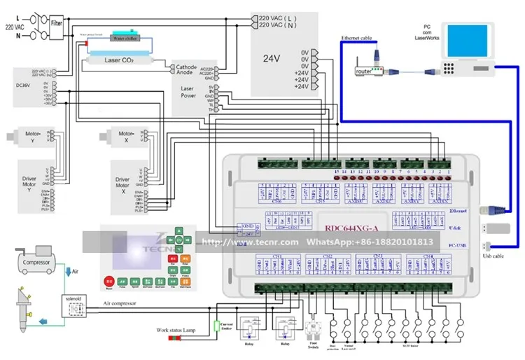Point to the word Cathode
coord(185,67)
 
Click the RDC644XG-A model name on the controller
coord(351,226)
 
